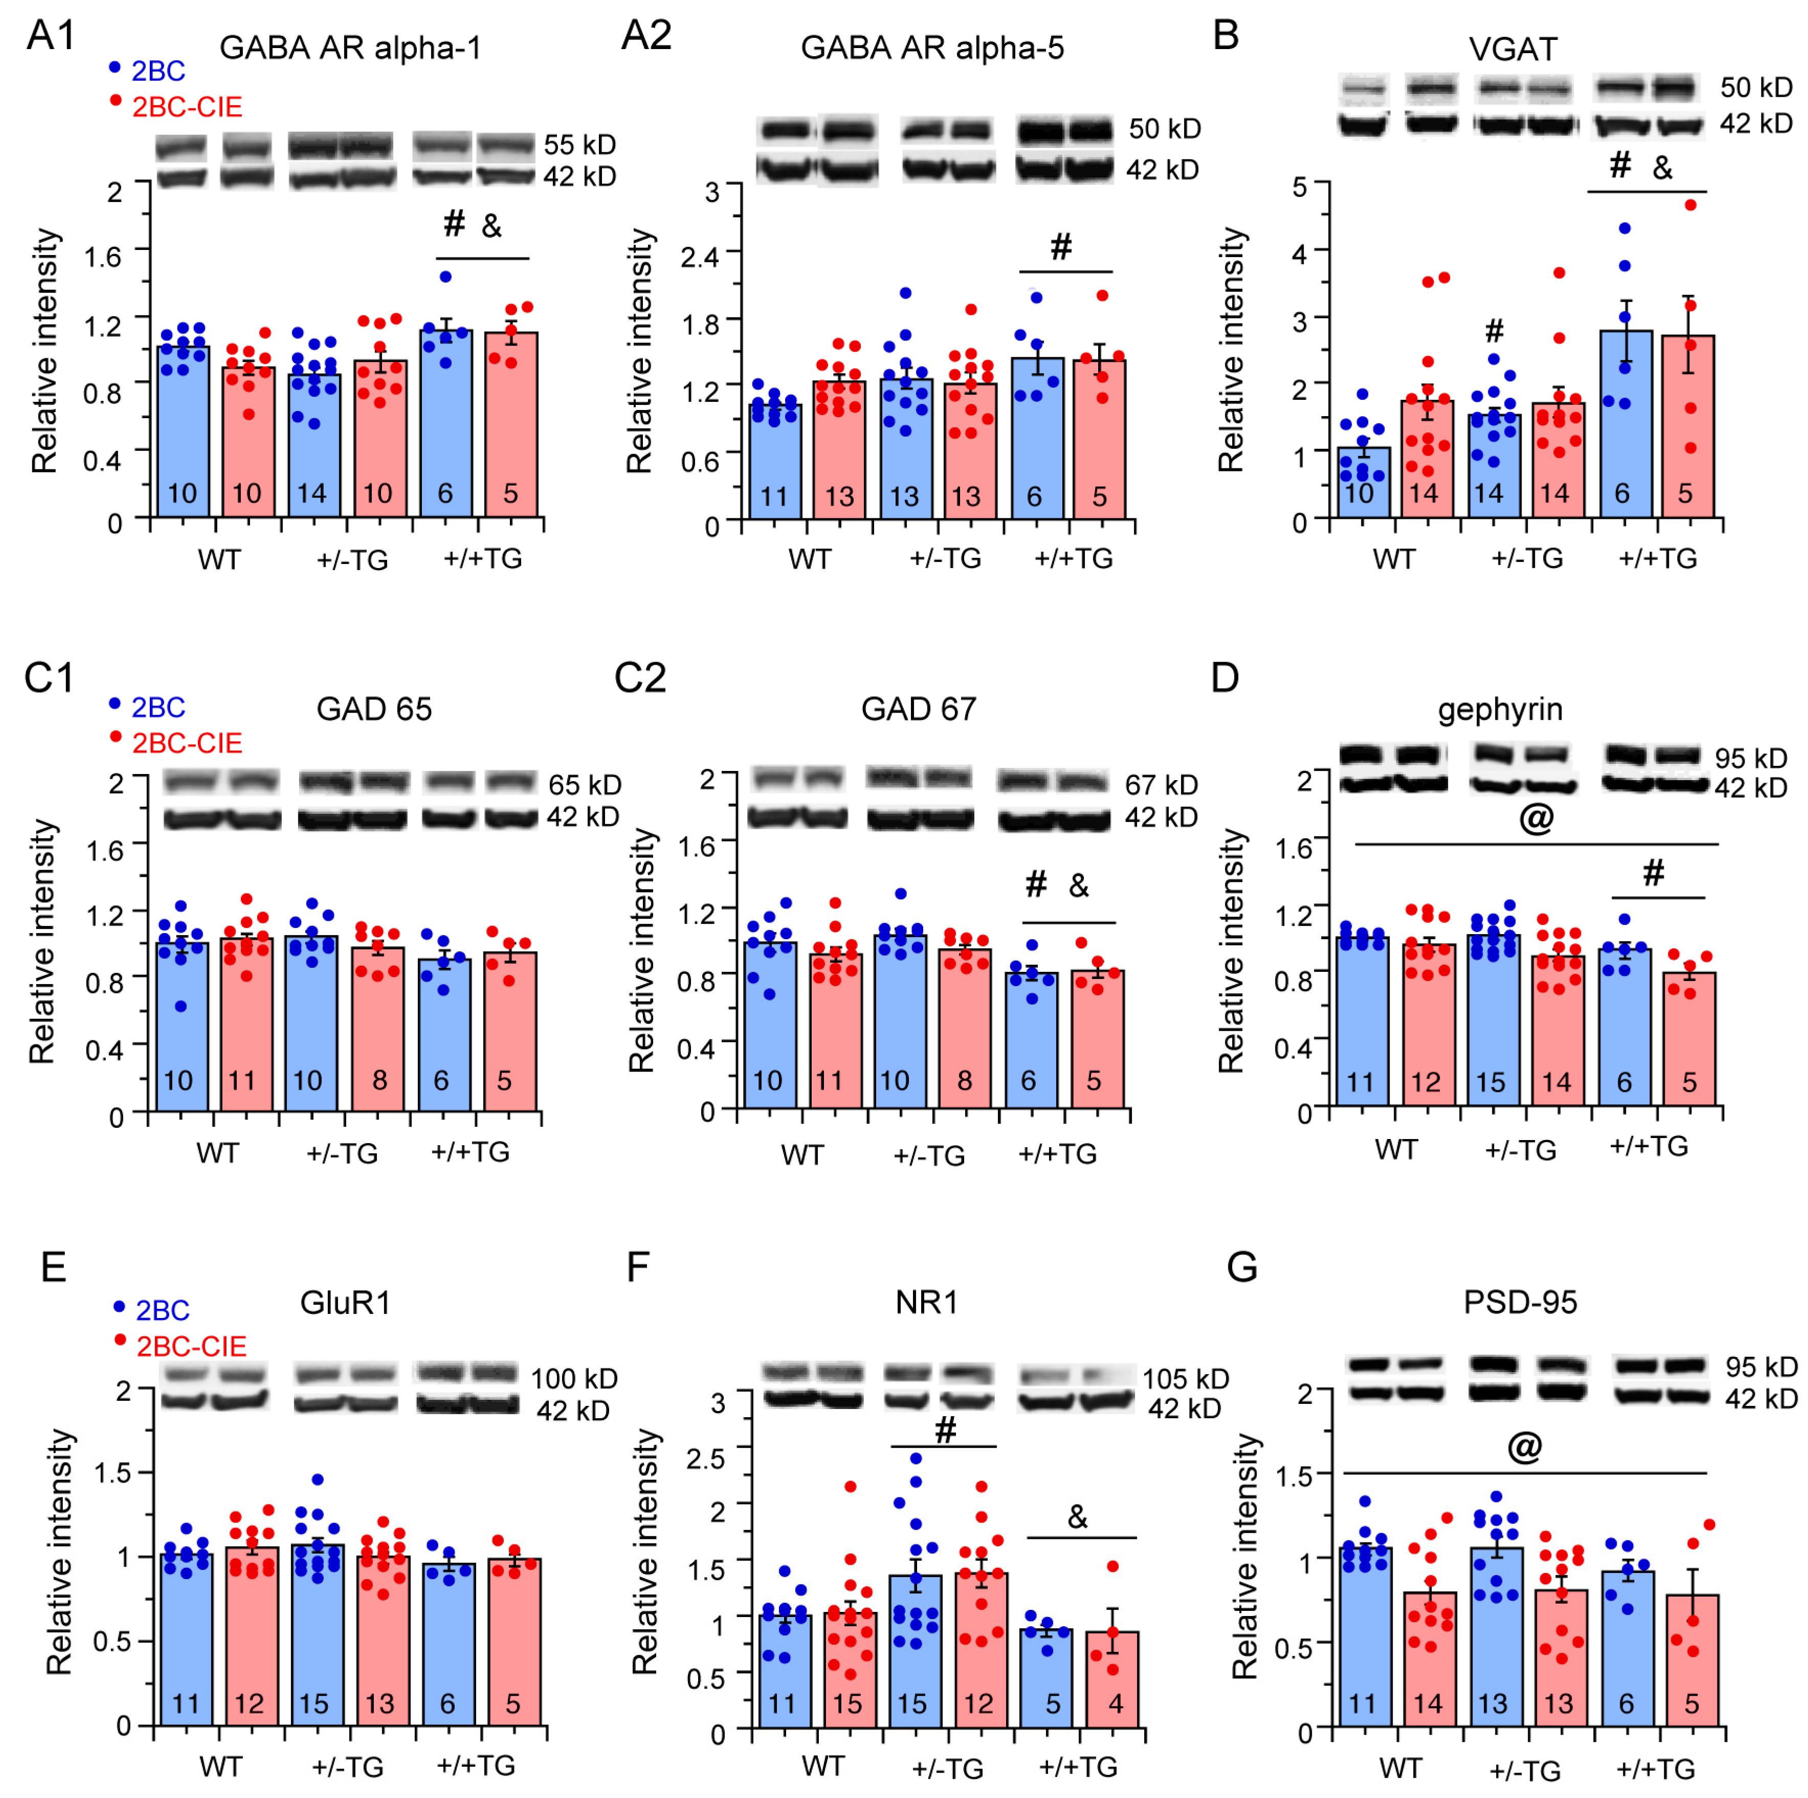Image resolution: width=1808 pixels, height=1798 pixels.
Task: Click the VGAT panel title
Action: [1513, 49]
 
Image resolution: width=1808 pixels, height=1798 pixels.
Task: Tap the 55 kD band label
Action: [579, 145]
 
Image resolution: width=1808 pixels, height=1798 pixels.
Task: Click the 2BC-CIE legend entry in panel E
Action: [191, 1346]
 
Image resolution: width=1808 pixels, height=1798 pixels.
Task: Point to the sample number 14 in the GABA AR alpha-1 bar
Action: [311, 493]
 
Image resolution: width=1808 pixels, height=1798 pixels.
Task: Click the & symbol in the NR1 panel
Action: [1078, 1517]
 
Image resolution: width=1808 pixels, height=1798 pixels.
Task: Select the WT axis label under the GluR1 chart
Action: [221, 1767]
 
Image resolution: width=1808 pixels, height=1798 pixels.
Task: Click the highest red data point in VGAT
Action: [1690, 205]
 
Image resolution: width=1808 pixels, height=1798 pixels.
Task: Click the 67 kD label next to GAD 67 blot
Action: [1162, 785]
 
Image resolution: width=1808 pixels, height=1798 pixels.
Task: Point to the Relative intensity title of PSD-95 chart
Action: [1245, 1558]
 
